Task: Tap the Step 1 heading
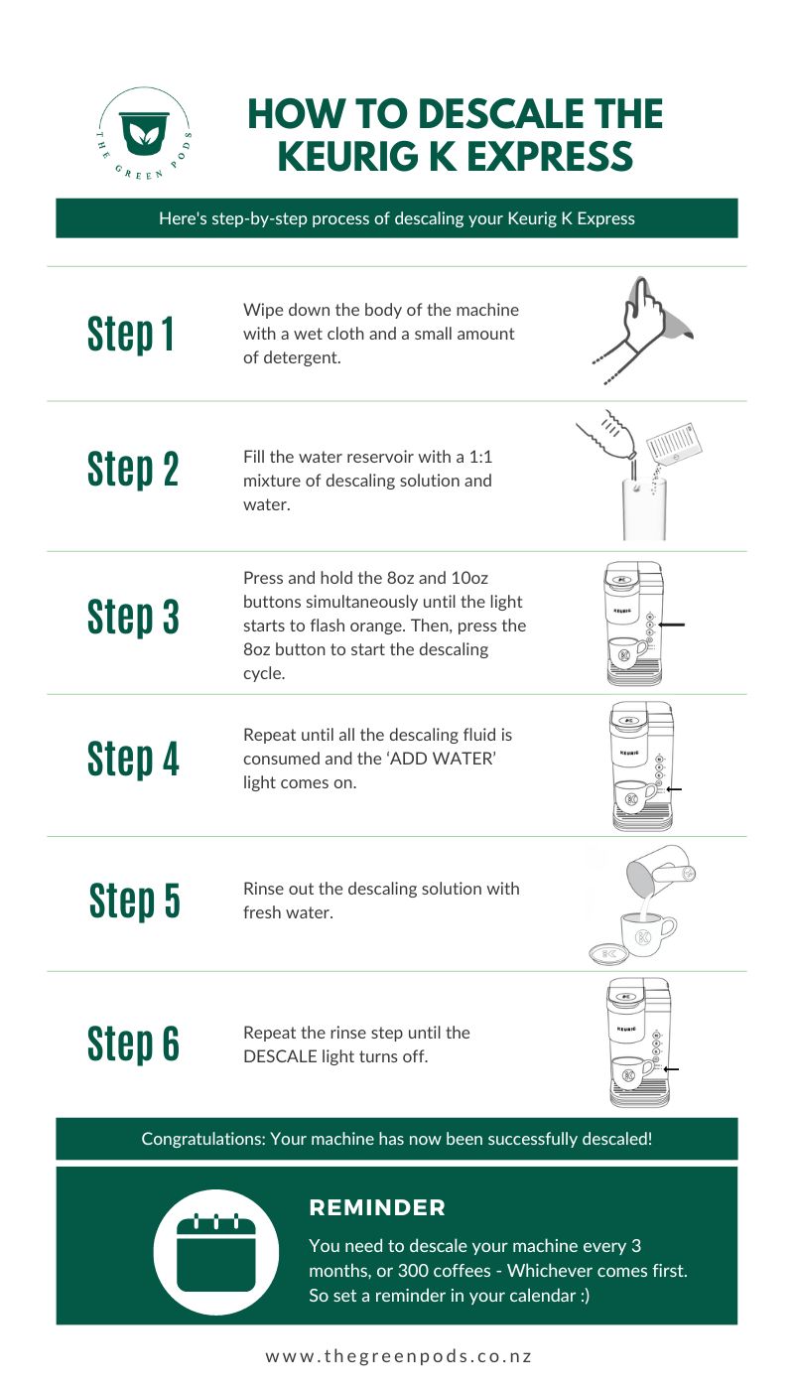(131, 334)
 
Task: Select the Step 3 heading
(133, 617)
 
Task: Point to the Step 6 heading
(133, 1043)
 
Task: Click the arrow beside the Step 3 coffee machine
(671, 625)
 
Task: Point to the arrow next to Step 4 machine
(674, 789)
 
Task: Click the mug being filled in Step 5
(645, 932)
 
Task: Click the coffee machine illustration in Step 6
(635, 1042)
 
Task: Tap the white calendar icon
(216, 1252)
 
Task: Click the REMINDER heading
(377, 1207)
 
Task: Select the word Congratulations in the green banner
(201, 1139)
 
